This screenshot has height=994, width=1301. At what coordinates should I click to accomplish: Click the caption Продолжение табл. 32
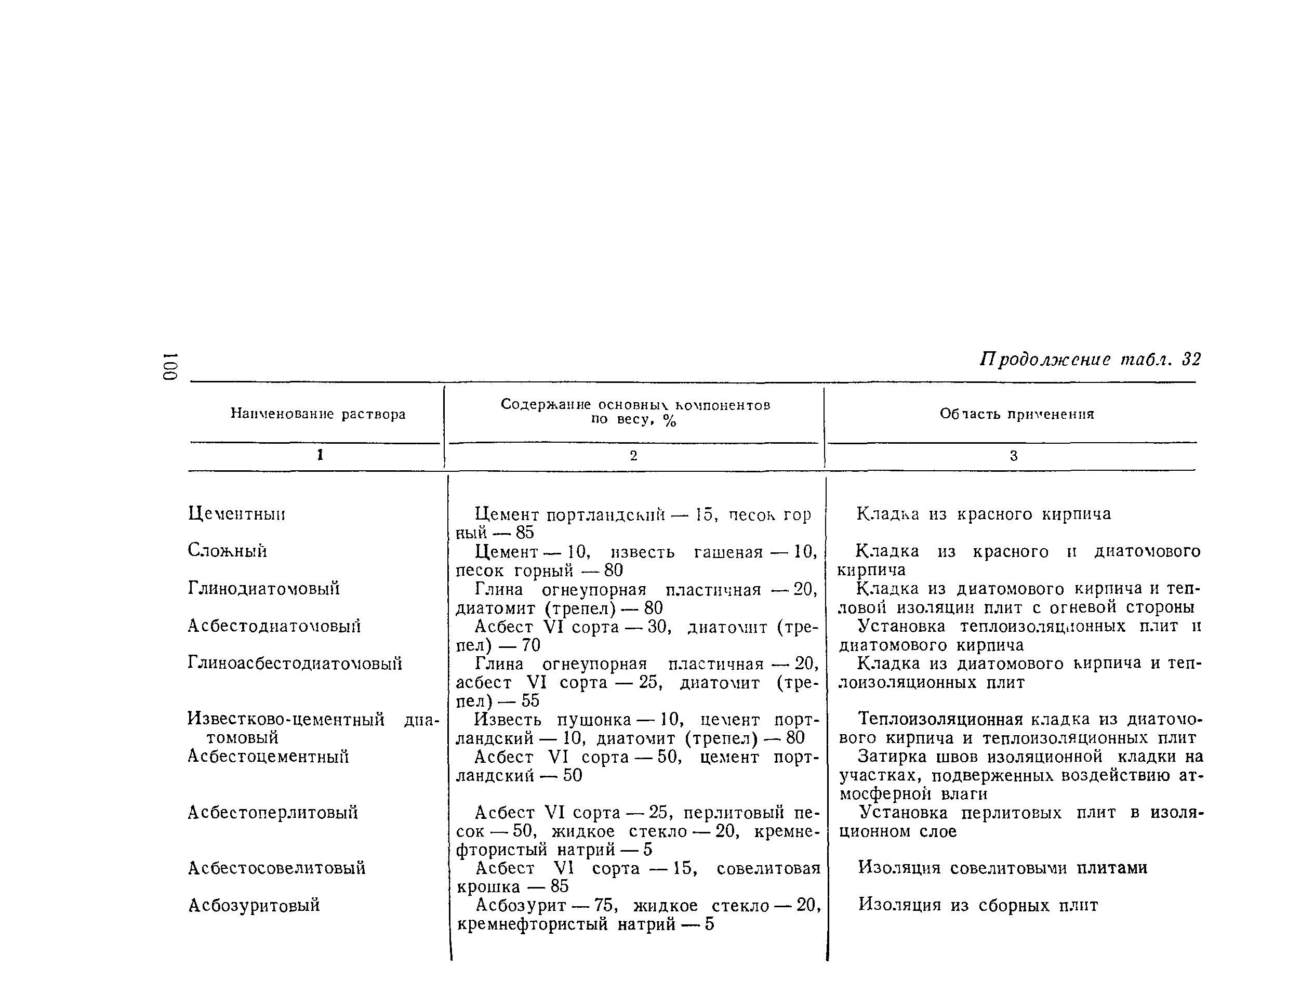1090,359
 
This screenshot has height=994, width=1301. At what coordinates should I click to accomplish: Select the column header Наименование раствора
317,414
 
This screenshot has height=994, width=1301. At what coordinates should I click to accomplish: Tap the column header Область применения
1016,414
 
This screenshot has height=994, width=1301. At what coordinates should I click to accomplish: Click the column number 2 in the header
633,456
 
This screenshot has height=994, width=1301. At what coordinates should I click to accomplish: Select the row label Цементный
236,513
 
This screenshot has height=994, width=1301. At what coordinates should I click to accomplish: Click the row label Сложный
227,551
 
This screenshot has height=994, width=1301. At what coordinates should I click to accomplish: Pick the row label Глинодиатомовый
264,588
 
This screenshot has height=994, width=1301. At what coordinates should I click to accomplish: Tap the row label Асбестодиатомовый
274,626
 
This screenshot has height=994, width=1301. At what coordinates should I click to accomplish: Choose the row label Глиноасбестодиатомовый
295,663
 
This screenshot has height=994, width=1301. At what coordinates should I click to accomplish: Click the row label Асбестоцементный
268,756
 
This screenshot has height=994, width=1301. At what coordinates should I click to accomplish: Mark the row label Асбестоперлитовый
273,812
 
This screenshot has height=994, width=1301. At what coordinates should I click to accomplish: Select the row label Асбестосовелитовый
276,868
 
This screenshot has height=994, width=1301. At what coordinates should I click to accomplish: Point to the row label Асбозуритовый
254,905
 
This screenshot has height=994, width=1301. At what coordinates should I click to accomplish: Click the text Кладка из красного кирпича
984,513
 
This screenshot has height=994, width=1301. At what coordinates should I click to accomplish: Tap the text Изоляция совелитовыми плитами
1002,868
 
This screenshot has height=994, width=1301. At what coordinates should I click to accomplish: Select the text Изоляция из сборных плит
977,905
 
